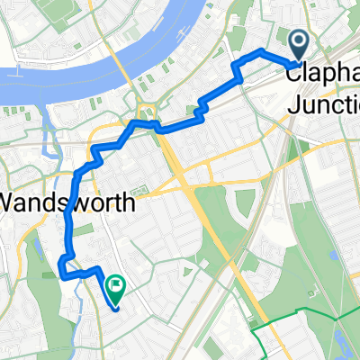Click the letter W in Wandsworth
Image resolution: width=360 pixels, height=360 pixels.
coord(13,202)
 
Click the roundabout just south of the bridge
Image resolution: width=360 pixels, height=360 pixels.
coord(149,114)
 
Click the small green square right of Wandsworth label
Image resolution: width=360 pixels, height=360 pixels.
coord(139,192)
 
